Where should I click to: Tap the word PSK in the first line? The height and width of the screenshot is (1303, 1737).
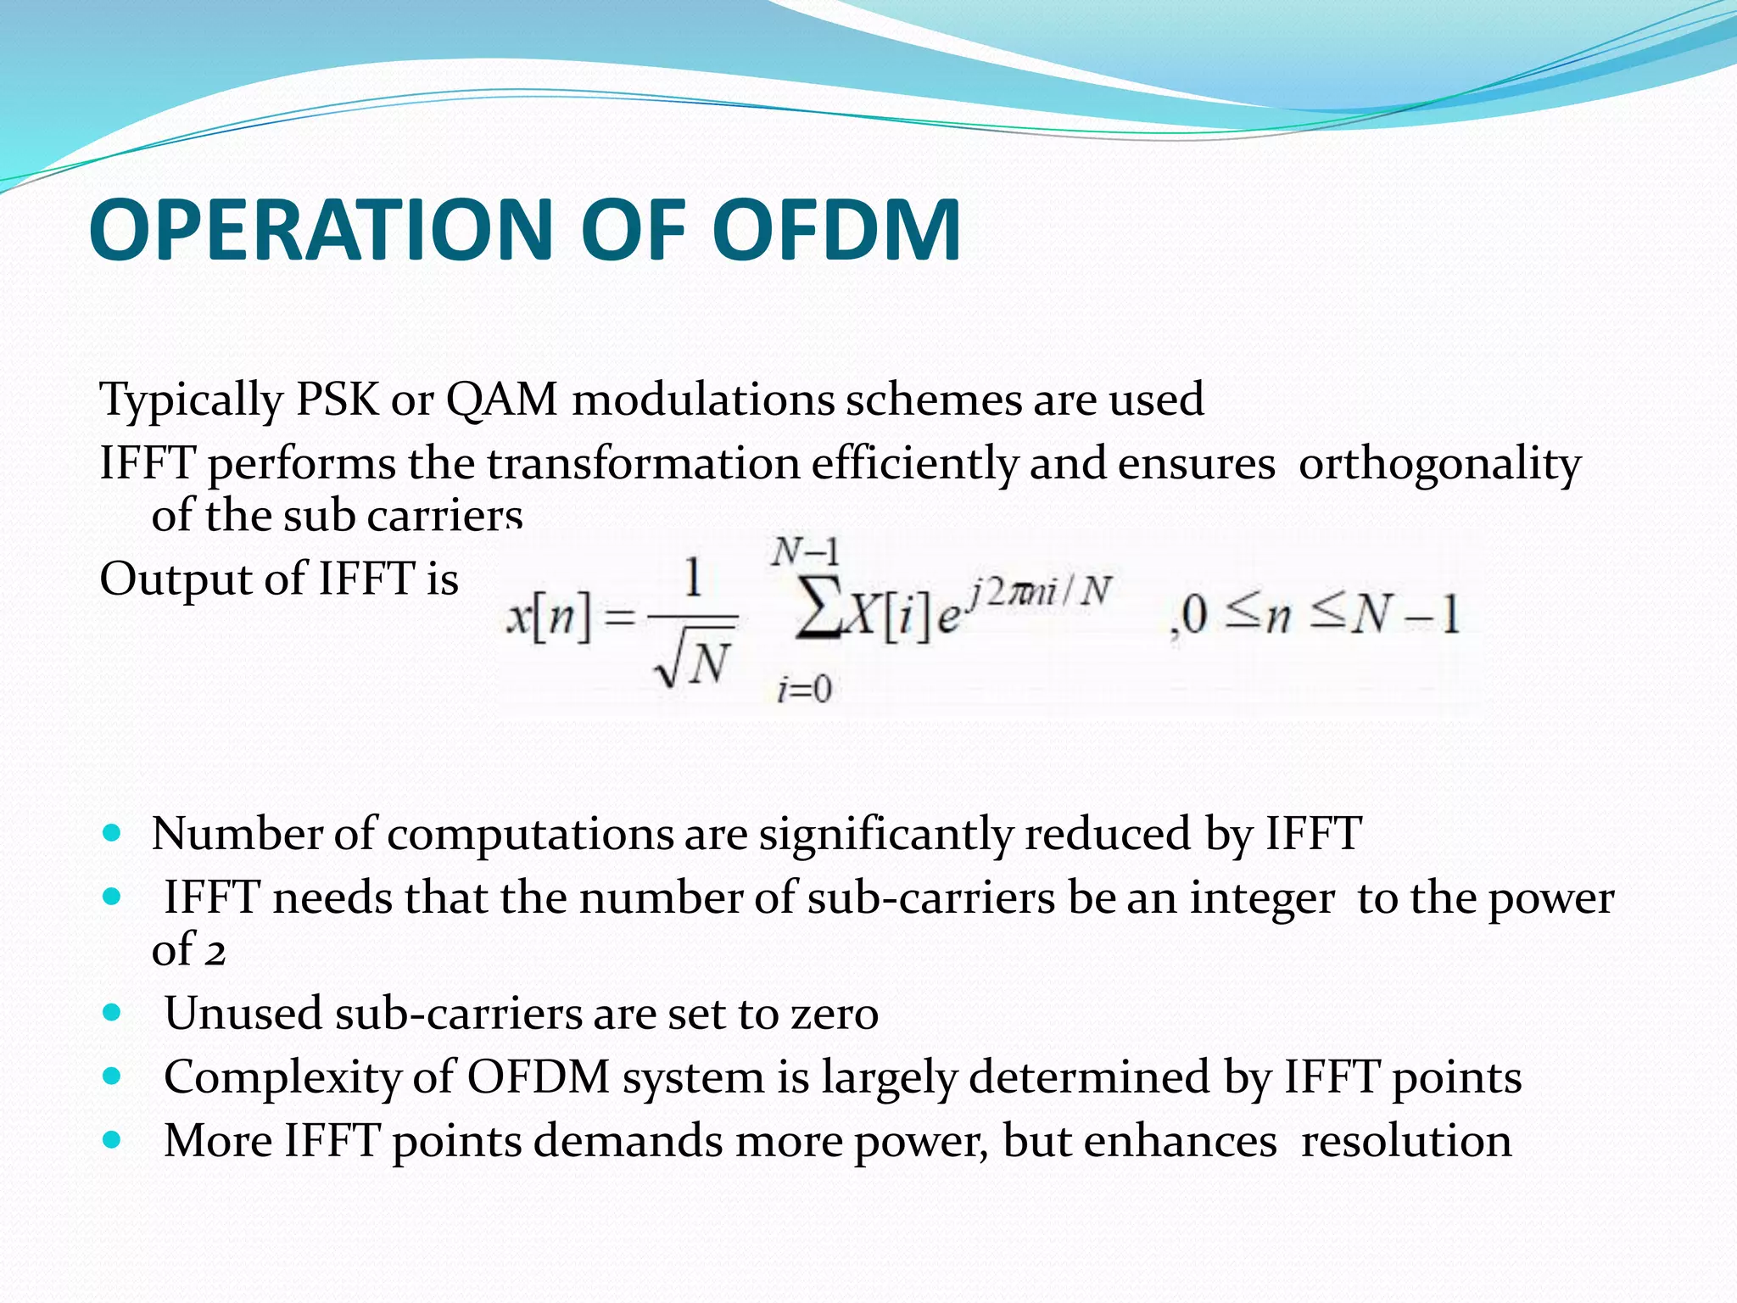point(337,399)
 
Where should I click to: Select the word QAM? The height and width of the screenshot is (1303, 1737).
point(501,399)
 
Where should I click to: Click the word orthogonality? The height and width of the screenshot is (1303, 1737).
point(1439,465)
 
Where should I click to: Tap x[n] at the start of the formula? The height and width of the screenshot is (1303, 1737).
point(548,616)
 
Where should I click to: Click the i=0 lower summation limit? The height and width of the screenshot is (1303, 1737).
point(803,689)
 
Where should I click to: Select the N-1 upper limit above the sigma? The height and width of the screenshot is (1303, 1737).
point(805,552)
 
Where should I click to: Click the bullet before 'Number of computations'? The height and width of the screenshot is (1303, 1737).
point(111,831)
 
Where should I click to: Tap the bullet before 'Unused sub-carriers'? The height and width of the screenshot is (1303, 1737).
point(111,1011)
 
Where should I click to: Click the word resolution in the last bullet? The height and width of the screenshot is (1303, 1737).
point(1405,1141)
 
